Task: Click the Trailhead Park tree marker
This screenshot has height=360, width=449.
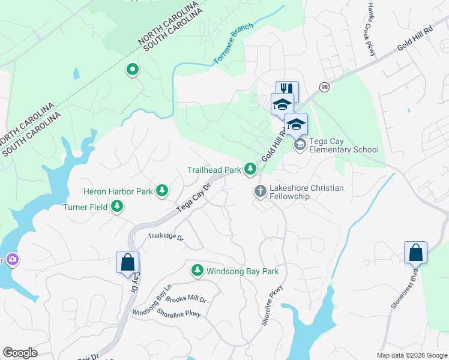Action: pyautogui.click(x=250, y=170)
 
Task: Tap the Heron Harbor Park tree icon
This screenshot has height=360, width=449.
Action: pyautogui.click(x=161, y=191)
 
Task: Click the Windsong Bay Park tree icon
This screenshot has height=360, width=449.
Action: pyautogui.click(x=197, y=271)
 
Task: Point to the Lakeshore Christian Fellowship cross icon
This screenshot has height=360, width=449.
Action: pyautogui.click(x=260, y=191)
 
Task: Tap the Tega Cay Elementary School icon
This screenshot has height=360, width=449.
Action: pyautogui.click(x=299, y=145)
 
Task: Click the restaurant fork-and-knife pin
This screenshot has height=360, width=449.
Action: pyautogui.click(x=287, y=91)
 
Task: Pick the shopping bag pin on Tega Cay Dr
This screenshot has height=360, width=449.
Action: pyautogui.click(x=127, y=262)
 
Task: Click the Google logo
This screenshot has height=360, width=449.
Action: pyautogui.click(x=20, y=353)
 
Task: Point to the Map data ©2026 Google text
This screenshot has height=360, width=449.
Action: pyautogui.click(x=411, y=355)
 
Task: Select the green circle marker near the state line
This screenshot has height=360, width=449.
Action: pyautogui.click(x=132, y=70)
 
